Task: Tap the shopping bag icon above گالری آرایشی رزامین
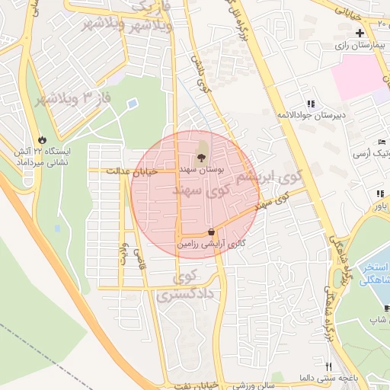pyautogui.click(x=211, y=232)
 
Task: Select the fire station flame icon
pyautogui.click(x=43, y=140)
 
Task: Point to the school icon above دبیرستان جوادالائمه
pyautogui.click(x=310, y=104)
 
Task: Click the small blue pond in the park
pyautogui.click(x=133, y=102)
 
